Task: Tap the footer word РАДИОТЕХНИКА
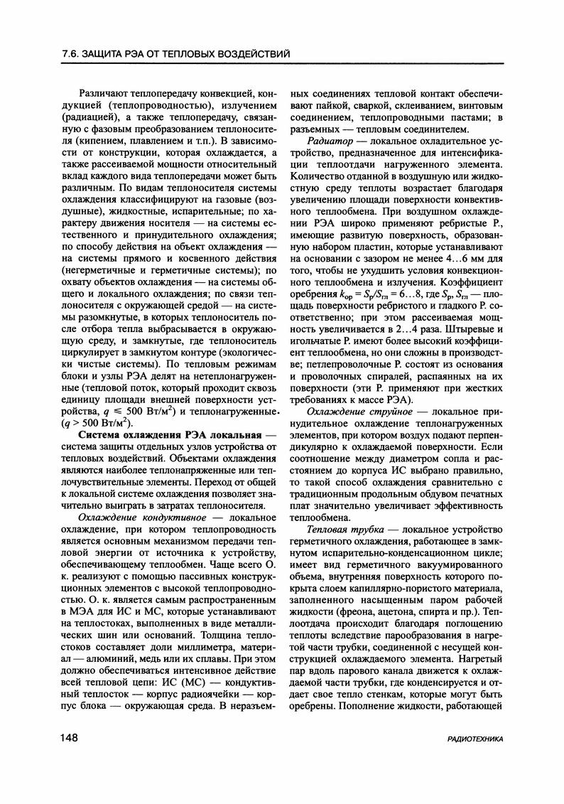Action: (x=475, y=739)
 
